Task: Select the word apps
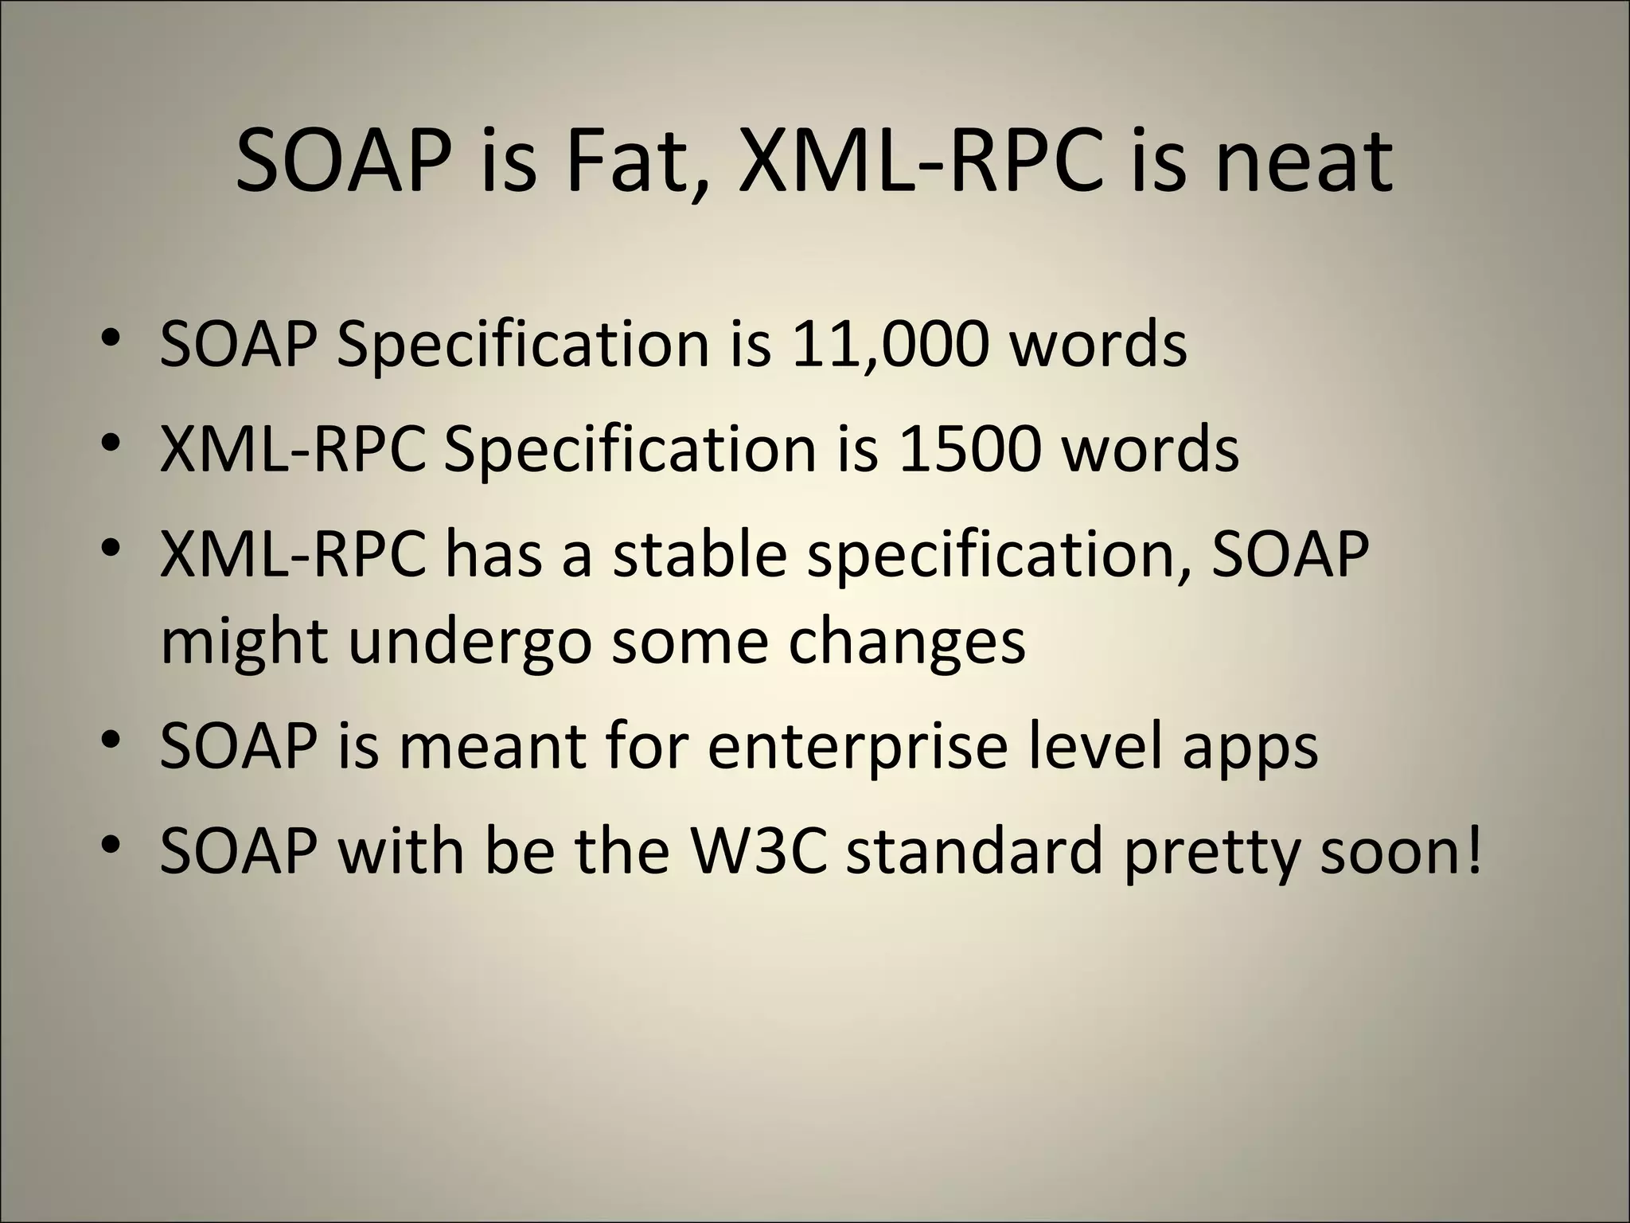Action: click(x=1250, y=748)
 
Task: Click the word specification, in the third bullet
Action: click(x=999, y=556)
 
